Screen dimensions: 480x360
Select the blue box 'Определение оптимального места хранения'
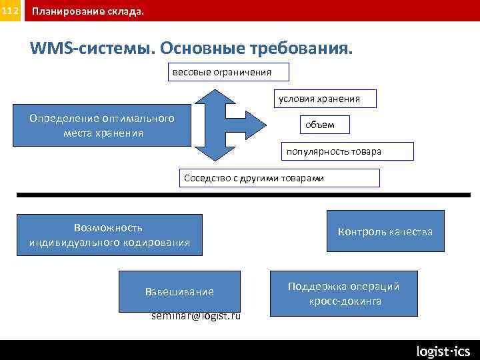102,125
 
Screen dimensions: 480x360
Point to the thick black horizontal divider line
240,195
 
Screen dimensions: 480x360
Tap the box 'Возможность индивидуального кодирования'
109,235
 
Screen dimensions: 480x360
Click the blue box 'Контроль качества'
385,231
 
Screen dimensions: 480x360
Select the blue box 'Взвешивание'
179,291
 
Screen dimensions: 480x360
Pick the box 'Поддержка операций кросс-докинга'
343,294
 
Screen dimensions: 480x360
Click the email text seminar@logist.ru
197,316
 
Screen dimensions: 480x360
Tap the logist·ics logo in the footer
443,351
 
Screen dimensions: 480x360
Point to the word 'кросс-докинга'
345,301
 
